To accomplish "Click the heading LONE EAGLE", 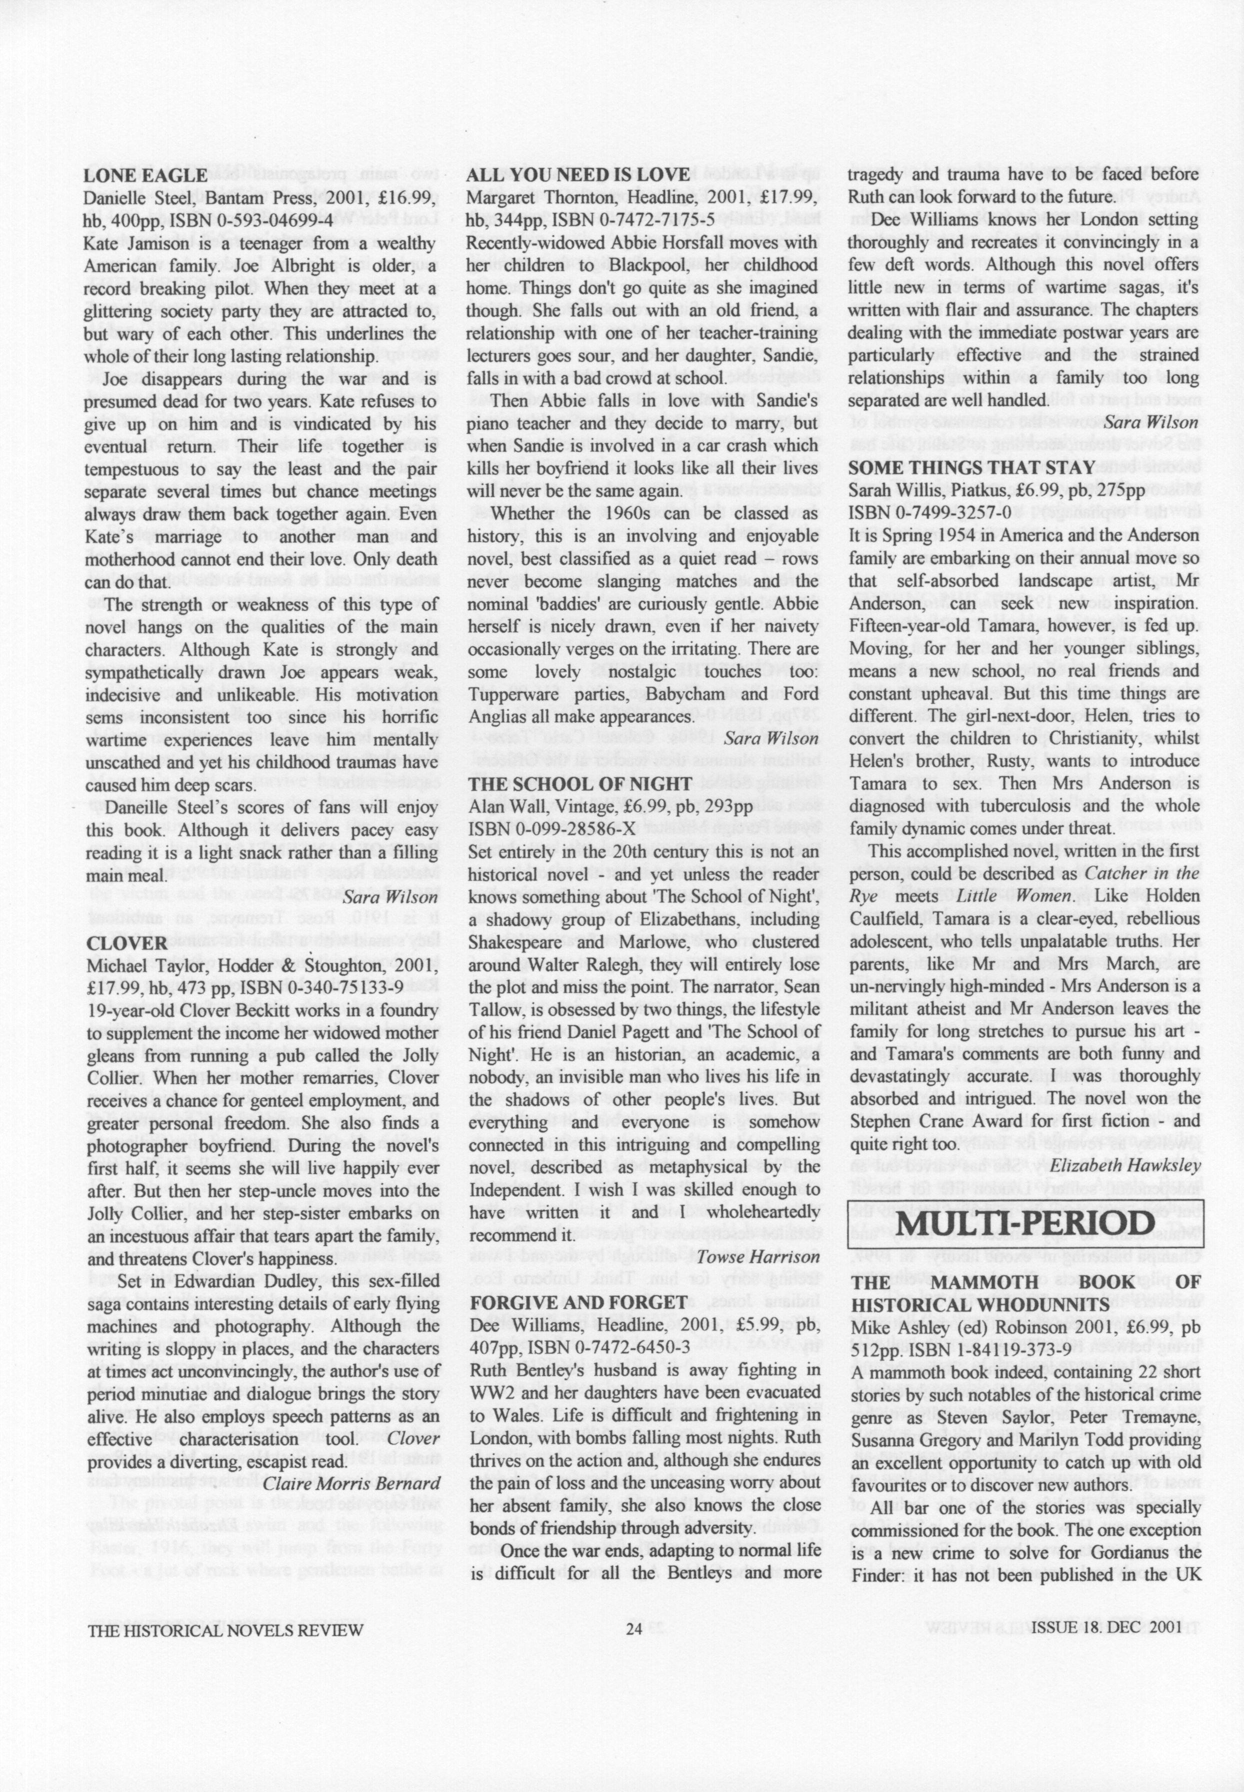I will pyautogui.click(x=146, y=175).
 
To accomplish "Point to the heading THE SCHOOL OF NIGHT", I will pyautogui.click(x=579, y=784).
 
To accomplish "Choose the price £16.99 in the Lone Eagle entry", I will pyautogui.click(x=405, y=198).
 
